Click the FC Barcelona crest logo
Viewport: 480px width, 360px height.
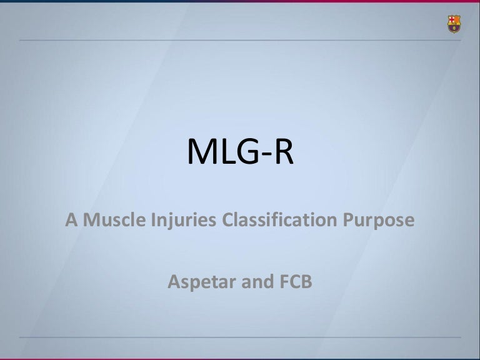click(x=454, y=24)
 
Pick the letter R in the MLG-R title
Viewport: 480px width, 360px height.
click(x=284, y=151)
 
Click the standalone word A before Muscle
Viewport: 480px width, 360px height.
click(x=71, y=220)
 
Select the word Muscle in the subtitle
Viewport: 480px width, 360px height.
click(x=114, y=219)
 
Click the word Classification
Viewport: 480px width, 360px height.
click(x=279, y=219)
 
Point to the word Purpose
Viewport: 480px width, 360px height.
click(x=379, y=221)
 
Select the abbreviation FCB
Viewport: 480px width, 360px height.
click(x=296, y=282)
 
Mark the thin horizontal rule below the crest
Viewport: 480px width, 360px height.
click(x=240, y=40)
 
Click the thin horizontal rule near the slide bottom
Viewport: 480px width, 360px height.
click(x=240, y=337)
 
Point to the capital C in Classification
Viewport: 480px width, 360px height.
click(x=228, y=220)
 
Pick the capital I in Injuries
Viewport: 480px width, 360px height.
click(x=152, y=220)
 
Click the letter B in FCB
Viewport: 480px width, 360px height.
click(x=307, y=282)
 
